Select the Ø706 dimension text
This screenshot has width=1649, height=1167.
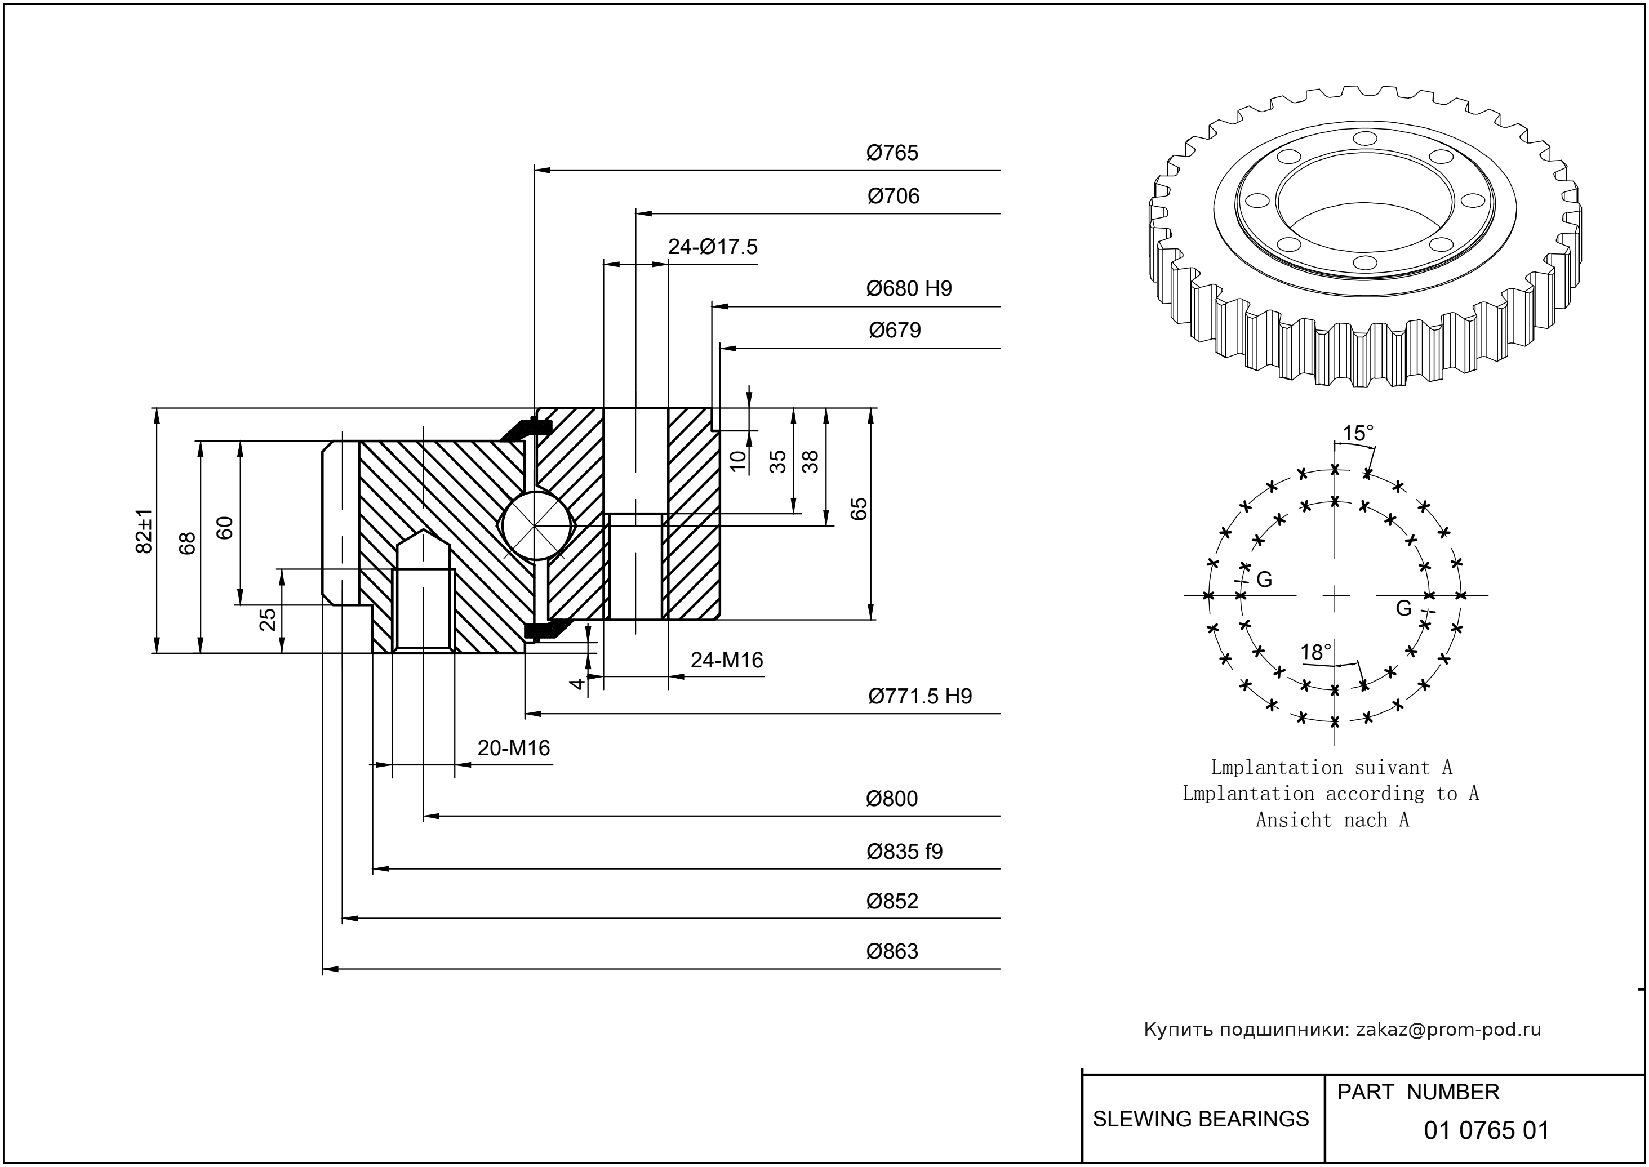pos(893,195)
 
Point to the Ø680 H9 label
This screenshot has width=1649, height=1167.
pos(909,288)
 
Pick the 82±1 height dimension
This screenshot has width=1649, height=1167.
pos(144,531)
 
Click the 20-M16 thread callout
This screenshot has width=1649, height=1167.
pos(513,748)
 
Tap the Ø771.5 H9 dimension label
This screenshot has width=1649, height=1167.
pos(919,696)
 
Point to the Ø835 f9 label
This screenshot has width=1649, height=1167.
pos(904,852)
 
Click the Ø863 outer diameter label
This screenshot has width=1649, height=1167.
pos(892,951)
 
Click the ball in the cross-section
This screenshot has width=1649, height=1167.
pos(537,524)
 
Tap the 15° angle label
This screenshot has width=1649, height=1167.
pos(1358,433)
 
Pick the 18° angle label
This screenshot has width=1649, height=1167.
pos(1315,652)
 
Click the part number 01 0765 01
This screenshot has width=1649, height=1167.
pos(1486,1130)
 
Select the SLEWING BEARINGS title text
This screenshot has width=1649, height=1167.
pos(1201,1119)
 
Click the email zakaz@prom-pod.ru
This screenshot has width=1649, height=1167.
pos(1448,1030)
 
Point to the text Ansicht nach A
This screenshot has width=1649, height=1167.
pos(1332,820)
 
